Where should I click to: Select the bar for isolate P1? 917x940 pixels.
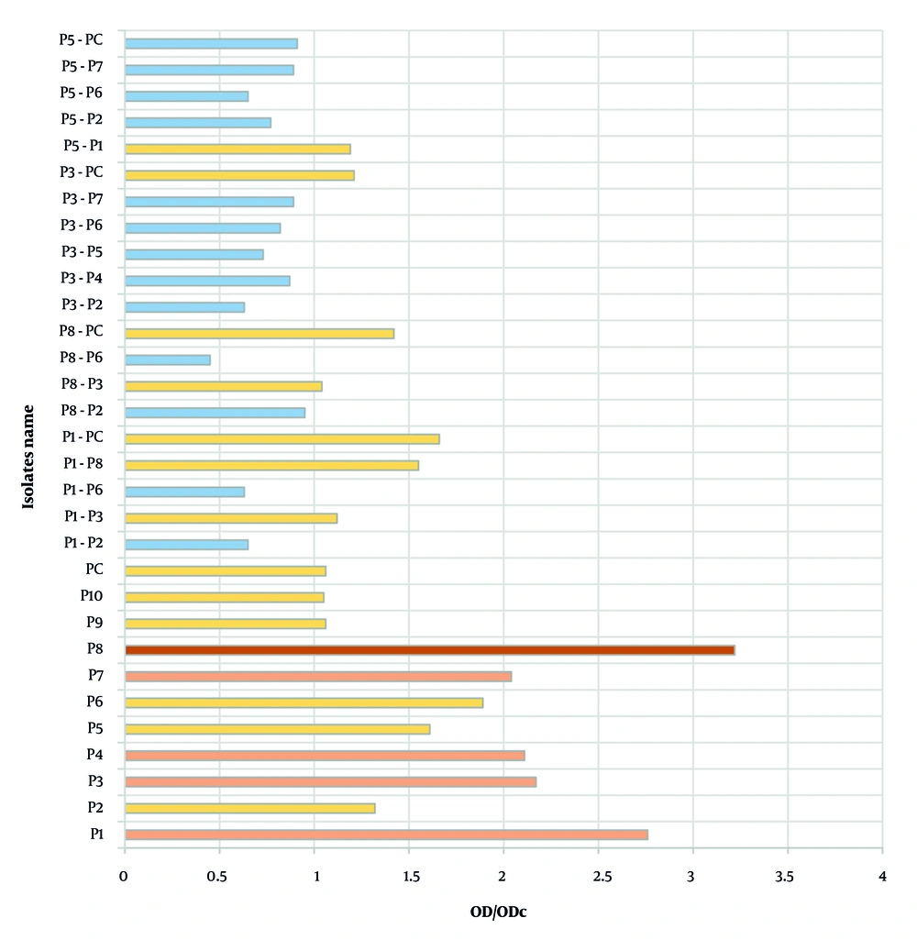pyautogui.click(x=386, y=835)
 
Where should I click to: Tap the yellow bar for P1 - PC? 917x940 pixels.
pyautogui.click(x=282, y=439)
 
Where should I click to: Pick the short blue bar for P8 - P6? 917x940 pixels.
pyautogui.click(x=167, y=359)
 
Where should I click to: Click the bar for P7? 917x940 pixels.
pyautogui.click(x=317, y=677)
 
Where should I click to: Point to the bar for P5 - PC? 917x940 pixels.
pyautogui.click(x=211, y=43)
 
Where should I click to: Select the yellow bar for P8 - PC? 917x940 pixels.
pyautogui.click(x=259, y=334)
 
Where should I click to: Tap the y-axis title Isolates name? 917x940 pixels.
pyautogui.click(x=29, y=457)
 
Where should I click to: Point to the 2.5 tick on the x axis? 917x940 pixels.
pyautogui.click(x=598, y=876)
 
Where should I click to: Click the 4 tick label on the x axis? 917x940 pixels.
pyautogui.click(x=882, y=876)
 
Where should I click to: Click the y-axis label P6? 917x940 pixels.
pyautogui.click(x=96, y=702)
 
